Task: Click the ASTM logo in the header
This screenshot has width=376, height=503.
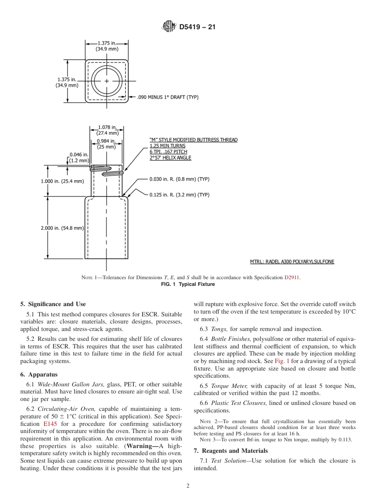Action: (169, 27)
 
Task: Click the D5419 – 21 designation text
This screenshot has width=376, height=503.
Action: (197, 27)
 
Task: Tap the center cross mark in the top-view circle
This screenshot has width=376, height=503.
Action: (107, 81)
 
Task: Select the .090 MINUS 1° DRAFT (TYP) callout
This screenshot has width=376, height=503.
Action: (167, 97)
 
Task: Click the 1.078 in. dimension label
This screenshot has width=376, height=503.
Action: (107, 127)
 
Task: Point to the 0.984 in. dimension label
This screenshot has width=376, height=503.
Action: (106, 141)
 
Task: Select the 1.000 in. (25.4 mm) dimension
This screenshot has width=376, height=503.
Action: (62, 181)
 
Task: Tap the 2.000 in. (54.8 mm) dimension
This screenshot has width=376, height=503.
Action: (62, 228)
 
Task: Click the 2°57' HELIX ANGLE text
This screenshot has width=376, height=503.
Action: (170, 158)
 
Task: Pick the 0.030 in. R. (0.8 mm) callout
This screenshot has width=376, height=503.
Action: (179, 179)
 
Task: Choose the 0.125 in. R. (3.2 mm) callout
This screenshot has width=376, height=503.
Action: (179, 195)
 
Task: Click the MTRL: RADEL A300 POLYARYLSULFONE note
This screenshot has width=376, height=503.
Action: (292, 262)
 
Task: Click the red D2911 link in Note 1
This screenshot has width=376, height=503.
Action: (292, 277)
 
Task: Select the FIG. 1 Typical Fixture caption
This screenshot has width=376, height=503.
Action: (188, 284)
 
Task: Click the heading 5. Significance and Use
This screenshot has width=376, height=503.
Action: (53, 304)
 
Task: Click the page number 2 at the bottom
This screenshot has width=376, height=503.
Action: (188, 486)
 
